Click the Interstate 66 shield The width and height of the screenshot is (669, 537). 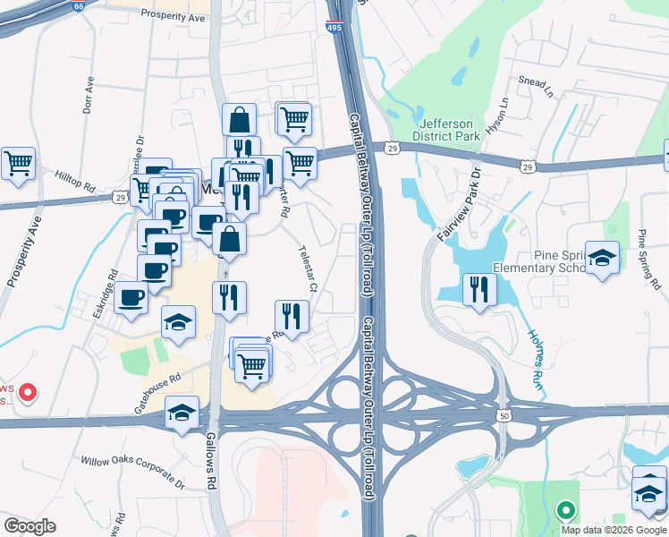(79, 5)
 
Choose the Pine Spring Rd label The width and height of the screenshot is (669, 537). (649, 260)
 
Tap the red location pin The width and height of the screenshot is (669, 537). (27, 392)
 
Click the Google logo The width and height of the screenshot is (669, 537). (30, 525)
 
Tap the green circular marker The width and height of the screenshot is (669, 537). (565, 511)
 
